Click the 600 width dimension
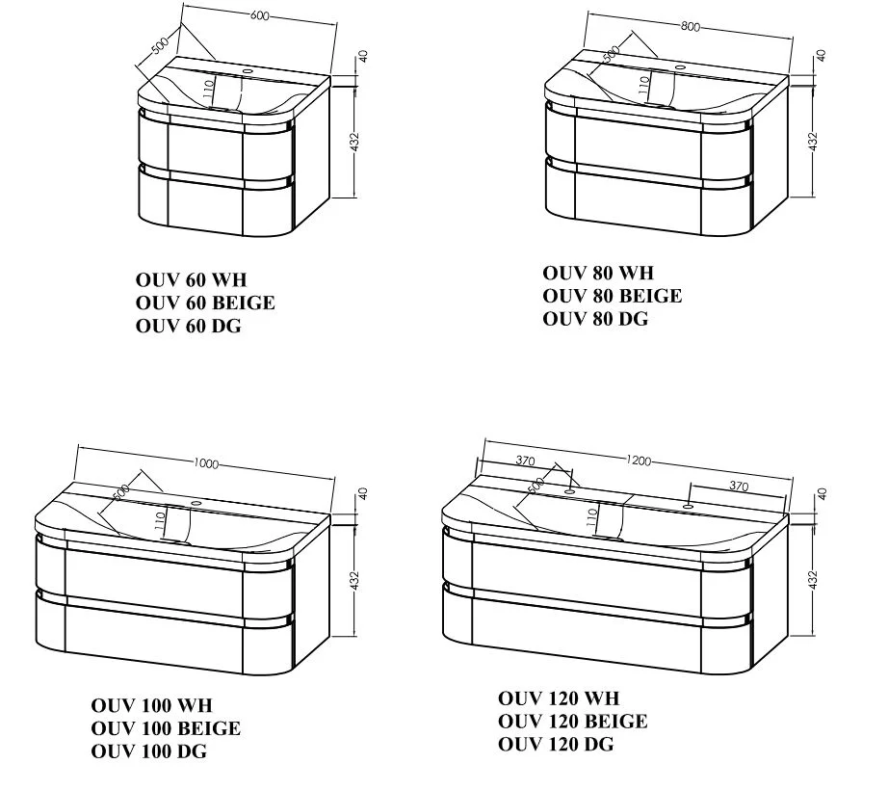click(259, 15)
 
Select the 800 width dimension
click(690, 26)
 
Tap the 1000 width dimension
click(205, 463)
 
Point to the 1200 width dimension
click(639, 461)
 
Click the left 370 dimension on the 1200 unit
click(525, 461)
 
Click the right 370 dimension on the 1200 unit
click(739, 486)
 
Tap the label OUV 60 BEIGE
click(205, 303)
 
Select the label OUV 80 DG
click(595, 320)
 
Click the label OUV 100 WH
click(152, 705)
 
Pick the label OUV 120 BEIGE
click(572, 722)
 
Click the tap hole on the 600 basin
click(248, 70)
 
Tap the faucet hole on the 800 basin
click(680, 67)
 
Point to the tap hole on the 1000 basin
click(196, 502)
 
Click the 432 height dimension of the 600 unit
click(354, 142)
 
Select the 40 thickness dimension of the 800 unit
click(822, 56)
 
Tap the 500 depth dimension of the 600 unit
click(160, 45)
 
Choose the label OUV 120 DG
click(556, 744)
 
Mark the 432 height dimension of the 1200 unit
click(813, 580)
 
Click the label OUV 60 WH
click(192, 279)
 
